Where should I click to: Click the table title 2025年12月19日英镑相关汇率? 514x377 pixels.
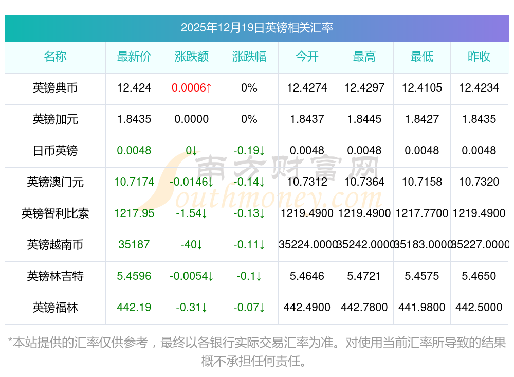pos(256,27)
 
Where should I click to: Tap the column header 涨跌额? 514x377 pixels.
pos(192,57)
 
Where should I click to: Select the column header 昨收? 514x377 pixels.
pos(479,57)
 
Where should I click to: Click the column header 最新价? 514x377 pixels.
pos(134,57)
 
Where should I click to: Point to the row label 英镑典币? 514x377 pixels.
pos(55,88)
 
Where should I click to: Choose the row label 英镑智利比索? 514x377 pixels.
pos(55,213)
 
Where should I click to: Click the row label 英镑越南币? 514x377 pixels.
pos(55,245)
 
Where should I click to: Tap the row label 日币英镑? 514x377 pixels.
pos(55,151)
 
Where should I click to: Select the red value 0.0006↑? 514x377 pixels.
pos(192,88)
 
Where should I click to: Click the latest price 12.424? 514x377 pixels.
pos(134,88)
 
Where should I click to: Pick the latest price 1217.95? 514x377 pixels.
pos(134,213)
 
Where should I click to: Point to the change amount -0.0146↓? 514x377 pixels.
pos(192,182)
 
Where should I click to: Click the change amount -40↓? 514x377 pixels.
pos(192,245)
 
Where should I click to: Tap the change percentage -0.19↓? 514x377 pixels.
pos(249,151)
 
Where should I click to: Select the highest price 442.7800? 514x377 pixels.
pos(364,308)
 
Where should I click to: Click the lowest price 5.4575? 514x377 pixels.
pos(422,276)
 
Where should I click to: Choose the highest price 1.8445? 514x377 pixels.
pos(364,119)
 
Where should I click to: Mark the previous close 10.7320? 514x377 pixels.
pos(479,182)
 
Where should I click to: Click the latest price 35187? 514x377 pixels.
pos(134,245)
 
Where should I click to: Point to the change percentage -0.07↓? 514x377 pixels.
pos(249,308)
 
